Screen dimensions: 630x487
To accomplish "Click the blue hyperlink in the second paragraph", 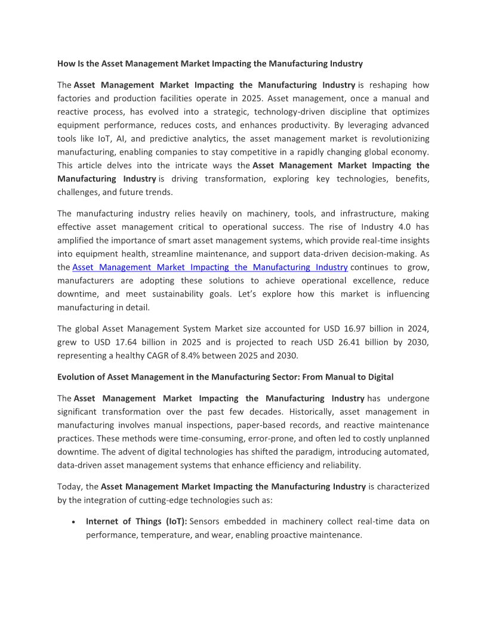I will click(x=209, y=267).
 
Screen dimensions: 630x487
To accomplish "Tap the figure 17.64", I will click(x=134, y=342).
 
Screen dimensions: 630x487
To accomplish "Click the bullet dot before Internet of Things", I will click(x=73, y=522).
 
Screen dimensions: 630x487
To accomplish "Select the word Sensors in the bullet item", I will click(x=206, y=521).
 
